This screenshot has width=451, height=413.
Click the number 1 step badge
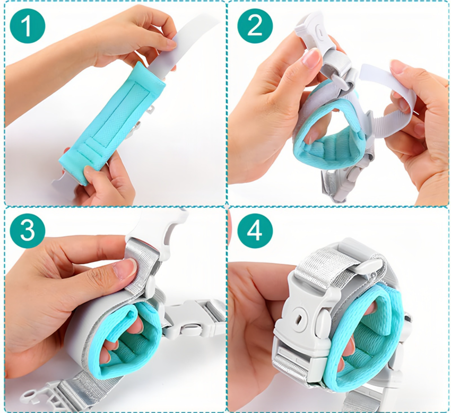click(x=28, y=25)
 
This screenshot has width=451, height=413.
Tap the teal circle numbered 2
click(x=255, y=25)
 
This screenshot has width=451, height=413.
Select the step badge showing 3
click(x=28, y=231)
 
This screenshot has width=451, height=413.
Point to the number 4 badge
click(x=255, y=231)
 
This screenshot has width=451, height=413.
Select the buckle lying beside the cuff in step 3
click(x=196, y=319)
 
